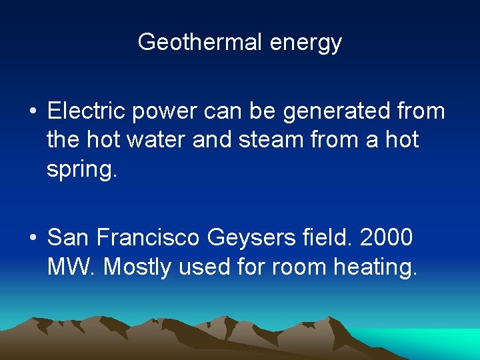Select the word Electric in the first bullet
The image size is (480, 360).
point(87,111)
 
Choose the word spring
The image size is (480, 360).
point(81,169)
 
